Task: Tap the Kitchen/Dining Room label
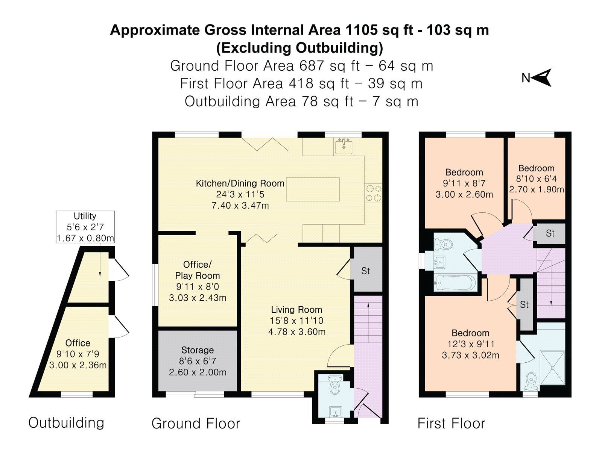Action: (240, 183)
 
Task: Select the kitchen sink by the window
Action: (344, 146)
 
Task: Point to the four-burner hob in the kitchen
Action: (373, 193)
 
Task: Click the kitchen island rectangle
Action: (313, 189)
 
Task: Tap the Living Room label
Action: (296, 310)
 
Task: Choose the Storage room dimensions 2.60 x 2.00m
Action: (198, 372)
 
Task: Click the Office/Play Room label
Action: (198, 270)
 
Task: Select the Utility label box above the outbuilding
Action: (85, 227)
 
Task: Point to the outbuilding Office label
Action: (78, 343)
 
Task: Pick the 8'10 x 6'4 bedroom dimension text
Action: (536, 179)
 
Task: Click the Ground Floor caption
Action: (196, 423)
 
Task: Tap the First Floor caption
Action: (451, 423)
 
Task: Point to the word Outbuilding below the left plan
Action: (66, 422)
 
